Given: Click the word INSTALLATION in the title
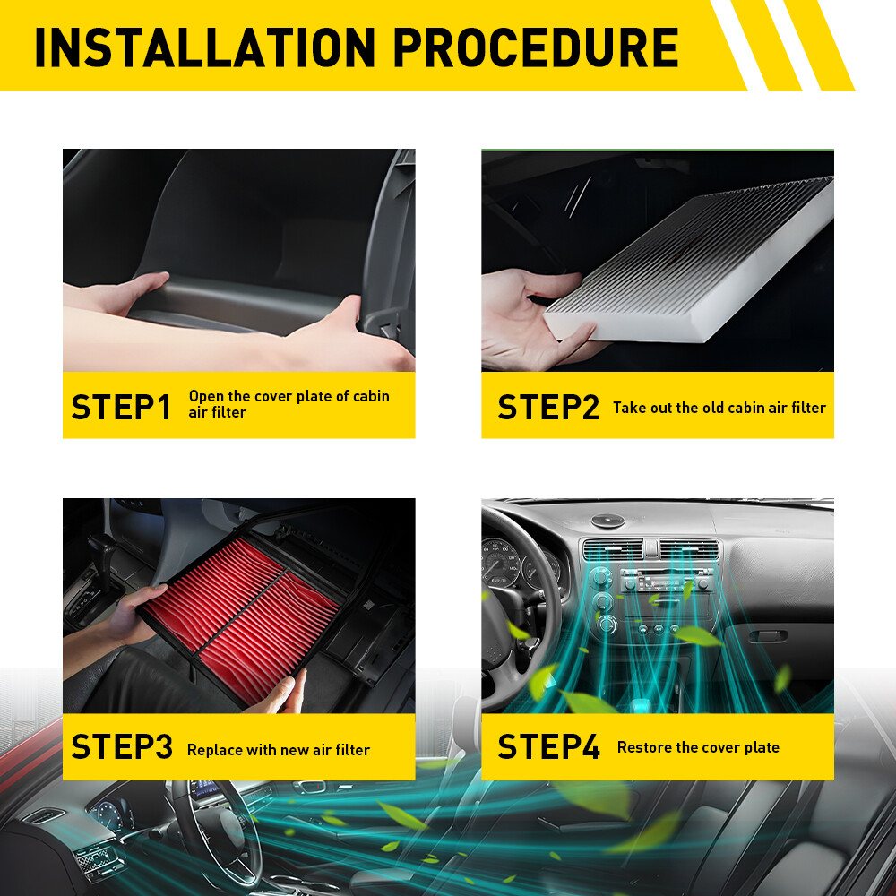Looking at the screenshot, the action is tap(205, 47).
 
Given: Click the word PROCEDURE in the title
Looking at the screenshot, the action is tap(536, 47).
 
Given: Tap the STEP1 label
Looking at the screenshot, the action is tap(121, 408).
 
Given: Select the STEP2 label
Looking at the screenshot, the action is tap(548, 408).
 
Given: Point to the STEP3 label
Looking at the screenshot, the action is tap(122, 747).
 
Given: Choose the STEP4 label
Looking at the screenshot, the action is tap(548, 747).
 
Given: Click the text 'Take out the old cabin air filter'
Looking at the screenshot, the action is tap(719, 408).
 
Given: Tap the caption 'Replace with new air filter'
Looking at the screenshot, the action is tap(279, 750).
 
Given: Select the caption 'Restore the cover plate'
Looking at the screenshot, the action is tap(698, 747).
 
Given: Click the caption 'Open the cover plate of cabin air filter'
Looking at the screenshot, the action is tap(289, 404).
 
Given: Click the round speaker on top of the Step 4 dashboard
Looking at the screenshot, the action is tap(607, 521).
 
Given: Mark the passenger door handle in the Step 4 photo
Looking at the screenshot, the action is tap(768, 636).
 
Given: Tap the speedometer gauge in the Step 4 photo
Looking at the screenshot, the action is tap(499, 563).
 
